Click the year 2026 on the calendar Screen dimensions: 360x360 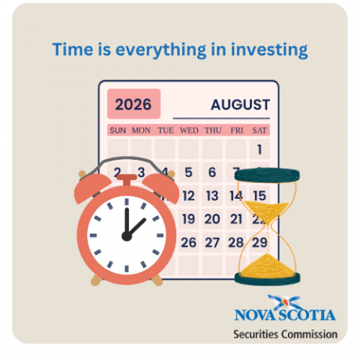tap(133, 104)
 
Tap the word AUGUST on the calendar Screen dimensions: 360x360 tap(240, 104)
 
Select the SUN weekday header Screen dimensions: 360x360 tap(118, 130)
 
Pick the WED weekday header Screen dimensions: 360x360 tap(189, 130)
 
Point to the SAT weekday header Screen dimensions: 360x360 tap(259, 130)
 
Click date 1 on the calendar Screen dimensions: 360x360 tap(259, 149)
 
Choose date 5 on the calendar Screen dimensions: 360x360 tap(188, 172)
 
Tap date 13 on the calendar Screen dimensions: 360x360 tap(212, 196)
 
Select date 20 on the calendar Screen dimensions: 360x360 tap(212, 219)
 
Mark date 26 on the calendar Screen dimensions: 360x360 tap(188, 242)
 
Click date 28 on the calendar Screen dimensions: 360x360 tap(235, 242)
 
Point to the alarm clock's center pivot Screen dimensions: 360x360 tap(127, 236)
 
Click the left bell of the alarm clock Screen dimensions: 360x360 tap(91, 186)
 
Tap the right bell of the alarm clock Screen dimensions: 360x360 tap(161, 186)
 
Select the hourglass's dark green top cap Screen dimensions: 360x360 tap(267, 175)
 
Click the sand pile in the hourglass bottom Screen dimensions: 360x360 tap(267, 267)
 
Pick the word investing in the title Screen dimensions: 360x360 tap(269, 49)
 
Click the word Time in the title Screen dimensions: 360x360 tap(73, 49)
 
